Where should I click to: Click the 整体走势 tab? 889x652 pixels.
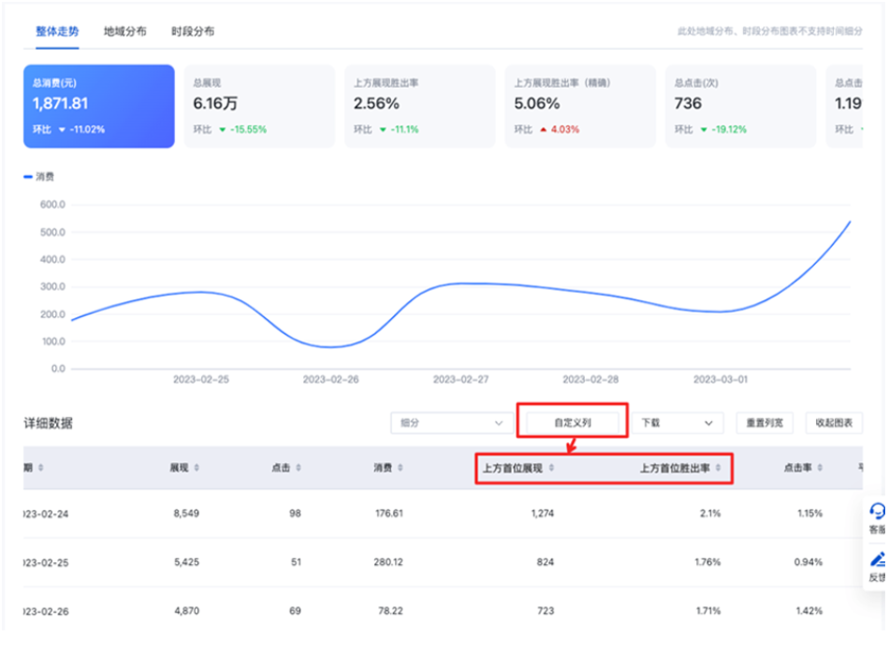tap(57, 31)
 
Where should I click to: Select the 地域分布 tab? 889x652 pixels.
tap(124, 31)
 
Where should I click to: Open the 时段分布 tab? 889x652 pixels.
tap(193, 31)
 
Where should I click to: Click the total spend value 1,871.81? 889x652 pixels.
tap(61, 104)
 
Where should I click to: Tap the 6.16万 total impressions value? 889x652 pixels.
tap(215, 104)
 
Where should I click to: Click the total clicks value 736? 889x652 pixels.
tap(688, 104)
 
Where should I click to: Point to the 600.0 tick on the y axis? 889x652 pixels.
tap(51, 204)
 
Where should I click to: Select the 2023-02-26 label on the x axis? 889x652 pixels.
tap(331, 381)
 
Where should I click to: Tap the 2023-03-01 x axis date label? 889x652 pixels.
tap(721, 381)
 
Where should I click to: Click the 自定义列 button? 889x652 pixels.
tap(573, 423)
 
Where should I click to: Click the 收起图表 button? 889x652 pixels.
tap(834, 423)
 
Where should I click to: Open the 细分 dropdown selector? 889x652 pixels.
tap(451, 423)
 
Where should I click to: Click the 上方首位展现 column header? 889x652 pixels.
tap(513, 467)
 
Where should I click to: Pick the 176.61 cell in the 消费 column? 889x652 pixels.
tap(386, 513)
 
